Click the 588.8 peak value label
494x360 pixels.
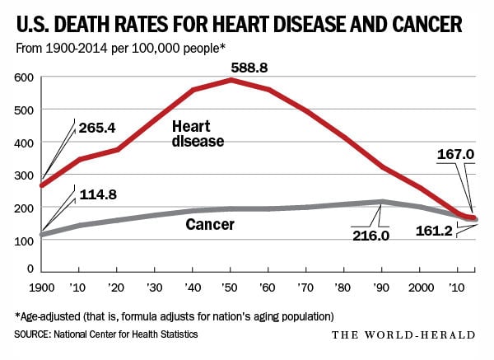click(249, 68)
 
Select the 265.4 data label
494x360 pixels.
click(97, 128)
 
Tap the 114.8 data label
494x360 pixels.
click(98, 194)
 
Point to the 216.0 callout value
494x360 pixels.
click(370, 236)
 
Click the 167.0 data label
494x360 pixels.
click(455, 155)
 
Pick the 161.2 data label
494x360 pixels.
click(434, 231)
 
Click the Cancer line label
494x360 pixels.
click(210, 224)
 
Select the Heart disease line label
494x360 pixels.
click(198, 134)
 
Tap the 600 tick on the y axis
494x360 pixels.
click(24, 77)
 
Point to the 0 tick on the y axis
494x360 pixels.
click(30, 269)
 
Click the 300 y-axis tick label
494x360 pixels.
click(24, 175)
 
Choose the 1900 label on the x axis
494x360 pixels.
click(42, 288)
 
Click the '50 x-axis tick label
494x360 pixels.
click(230, 288)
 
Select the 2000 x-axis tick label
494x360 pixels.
click(421, 288)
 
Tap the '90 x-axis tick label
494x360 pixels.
click(381, 288)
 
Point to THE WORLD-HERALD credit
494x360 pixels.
click(403, 334)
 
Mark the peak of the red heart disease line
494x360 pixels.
click(231, 80)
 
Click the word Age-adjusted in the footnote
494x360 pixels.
click(50, 316)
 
